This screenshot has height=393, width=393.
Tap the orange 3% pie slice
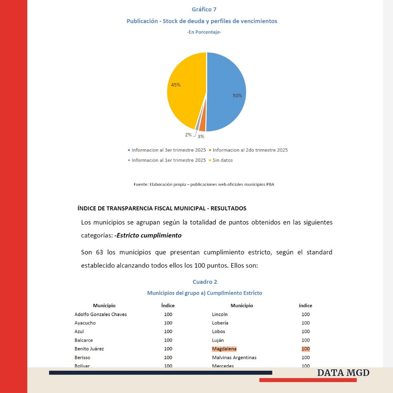202,126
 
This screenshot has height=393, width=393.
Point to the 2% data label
188,135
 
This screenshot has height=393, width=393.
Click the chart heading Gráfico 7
204,9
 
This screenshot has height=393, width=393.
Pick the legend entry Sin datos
222,160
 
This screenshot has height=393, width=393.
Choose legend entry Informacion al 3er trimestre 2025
168,150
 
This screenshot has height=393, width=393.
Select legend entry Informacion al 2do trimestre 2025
250,150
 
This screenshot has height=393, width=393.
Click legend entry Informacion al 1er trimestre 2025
168,160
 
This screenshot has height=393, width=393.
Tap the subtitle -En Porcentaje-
204,32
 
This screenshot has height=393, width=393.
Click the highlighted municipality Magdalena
224,349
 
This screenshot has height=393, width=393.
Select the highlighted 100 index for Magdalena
306,349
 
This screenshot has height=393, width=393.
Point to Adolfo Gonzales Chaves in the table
100,314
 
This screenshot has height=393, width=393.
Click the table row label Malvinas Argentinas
234,358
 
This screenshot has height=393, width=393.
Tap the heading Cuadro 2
205,282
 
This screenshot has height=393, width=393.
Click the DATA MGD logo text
343,373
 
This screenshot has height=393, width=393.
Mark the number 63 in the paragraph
100,252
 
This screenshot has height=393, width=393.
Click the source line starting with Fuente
204,184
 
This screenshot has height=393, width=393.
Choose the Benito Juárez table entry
89,349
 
